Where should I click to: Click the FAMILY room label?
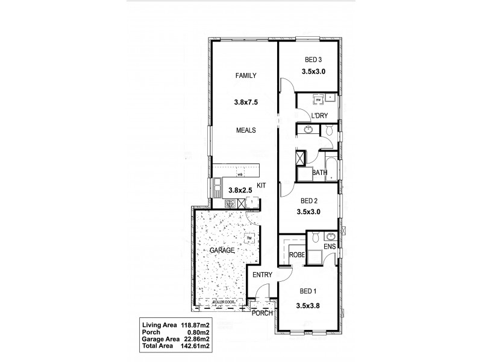(246, 76)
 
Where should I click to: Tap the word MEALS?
(246, 130)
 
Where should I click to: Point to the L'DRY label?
(319, 116)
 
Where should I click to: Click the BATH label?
(320, 173)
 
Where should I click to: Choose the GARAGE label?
(221, 250)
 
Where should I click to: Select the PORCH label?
(263, 313)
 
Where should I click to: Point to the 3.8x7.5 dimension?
(246, 103)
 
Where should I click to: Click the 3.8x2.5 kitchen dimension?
(240, 191)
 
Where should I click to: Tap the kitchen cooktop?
(230, 204)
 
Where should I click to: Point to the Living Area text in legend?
(159, 324)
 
